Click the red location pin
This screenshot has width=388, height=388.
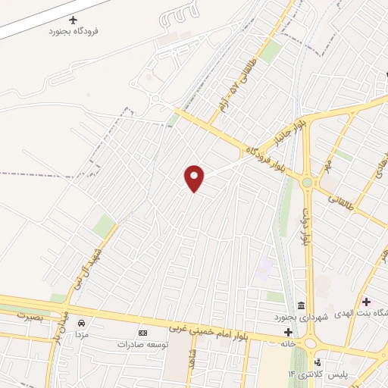click(x=195, y=178)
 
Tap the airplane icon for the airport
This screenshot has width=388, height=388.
click(x=74, y=20)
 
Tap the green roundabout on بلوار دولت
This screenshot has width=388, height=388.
click(x=307, y=182)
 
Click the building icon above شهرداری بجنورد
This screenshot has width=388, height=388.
click(x=301, y=305)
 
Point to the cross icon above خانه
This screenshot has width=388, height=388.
click(x=288, y=332)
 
